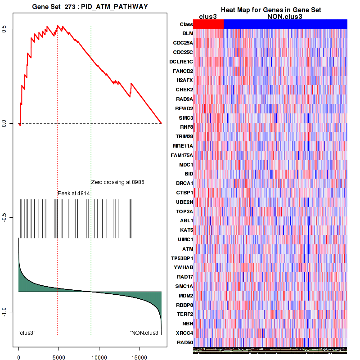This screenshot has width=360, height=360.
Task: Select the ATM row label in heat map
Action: pos(188,249)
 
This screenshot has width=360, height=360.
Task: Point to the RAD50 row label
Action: pos(185,342)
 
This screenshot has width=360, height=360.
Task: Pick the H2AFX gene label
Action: pos(185,80)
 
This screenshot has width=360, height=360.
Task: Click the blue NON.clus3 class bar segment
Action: pos(285,24)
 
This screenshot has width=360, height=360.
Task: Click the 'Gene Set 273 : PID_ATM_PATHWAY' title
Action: pos(90,7)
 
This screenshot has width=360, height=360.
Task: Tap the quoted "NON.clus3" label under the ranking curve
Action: pos(145,333)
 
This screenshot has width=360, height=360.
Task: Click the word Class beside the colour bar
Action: pos(186,24)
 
